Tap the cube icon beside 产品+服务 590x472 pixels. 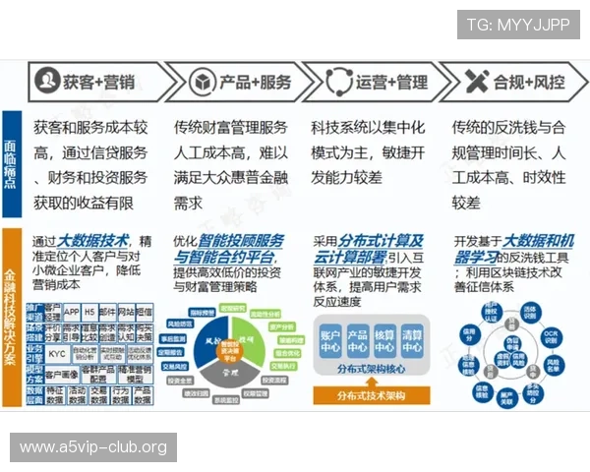tap(202, 81)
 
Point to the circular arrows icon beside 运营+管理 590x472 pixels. tap(338, 81)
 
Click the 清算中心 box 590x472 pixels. tap(411, 340)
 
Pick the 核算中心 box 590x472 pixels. tap(384, 340)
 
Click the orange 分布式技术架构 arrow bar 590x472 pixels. tap(373, 395)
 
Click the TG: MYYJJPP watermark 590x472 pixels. tap(518, 25)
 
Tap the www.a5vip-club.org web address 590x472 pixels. tap(94, 448)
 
